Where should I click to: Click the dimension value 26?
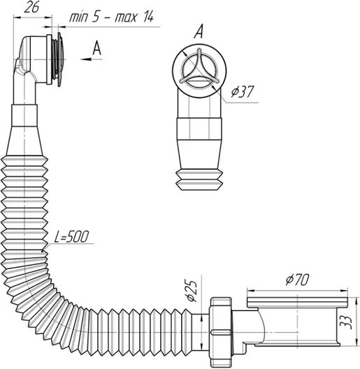pyautogui.click(x=31, y=7)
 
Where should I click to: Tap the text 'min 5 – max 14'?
pyautogui.click(x=111, y=17)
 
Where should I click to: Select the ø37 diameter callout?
pyautogui.click(x=242, y=92)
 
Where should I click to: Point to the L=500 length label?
pyautogui.click(x=71, y=236)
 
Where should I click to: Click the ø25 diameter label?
pyautogui.click(x=192, y=291)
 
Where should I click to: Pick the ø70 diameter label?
pyautogui.click(x=297, y=280)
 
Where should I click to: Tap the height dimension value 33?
pyautogui.click(x=346, y=321)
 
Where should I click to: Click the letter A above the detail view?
pyautogui.click(x=199, y=31)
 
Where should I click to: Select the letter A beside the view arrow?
pyautogui.click(x=96, y=48)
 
